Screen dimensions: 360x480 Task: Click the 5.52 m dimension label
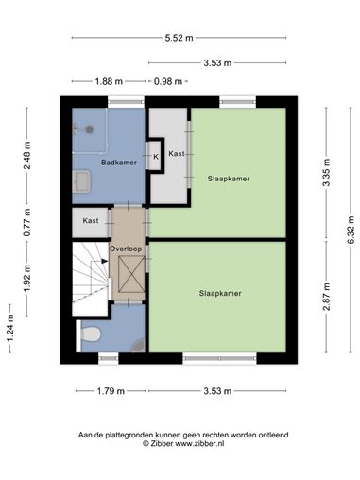(x=179, y=38)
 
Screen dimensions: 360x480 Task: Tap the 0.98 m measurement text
(x=168, y=81)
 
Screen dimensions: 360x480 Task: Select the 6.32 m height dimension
(x=351, y=230)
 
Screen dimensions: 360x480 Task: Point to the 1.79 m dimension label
(x=111, y=391)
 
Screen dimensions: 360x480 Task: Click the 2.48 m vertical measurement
(x=27, y=155)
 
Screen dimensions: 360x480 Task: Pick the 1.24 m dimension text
(x=10, y=328)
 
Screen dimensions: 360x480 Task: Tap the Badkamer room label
(x=119, y=163)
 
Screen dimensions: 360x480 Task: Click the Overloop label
(x=126, y=249)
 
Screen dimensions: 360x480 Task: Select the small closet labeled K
(x=156, y=157)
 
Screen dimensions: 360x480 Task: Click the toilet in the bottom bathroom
(x=91, y=334)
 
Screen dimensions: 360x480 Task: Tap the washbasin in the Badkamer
(x=81, y=181)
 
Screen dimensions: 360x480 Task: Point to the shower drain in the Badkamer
(x=90, y=129)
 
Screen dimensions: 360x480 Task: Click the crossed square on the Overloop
(x=131, y=274)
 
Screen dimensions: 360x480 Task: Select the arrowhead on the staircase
(x=105, y=261)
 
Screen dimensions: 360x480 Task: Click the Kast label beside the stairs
(x=91, y=221)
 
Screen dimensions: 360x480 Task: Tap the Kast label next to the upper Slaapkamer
(x=177, y=154)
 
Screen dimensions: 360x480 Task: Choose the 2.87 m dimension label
(x=327, y=297)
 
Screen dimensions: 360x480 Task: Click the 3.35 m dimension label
(x=327, y=172)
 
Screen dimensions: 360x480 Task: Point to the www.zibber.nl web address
(x=199, y=443)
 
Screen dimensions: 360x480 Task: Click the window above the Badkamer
(x=126, y=102)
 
